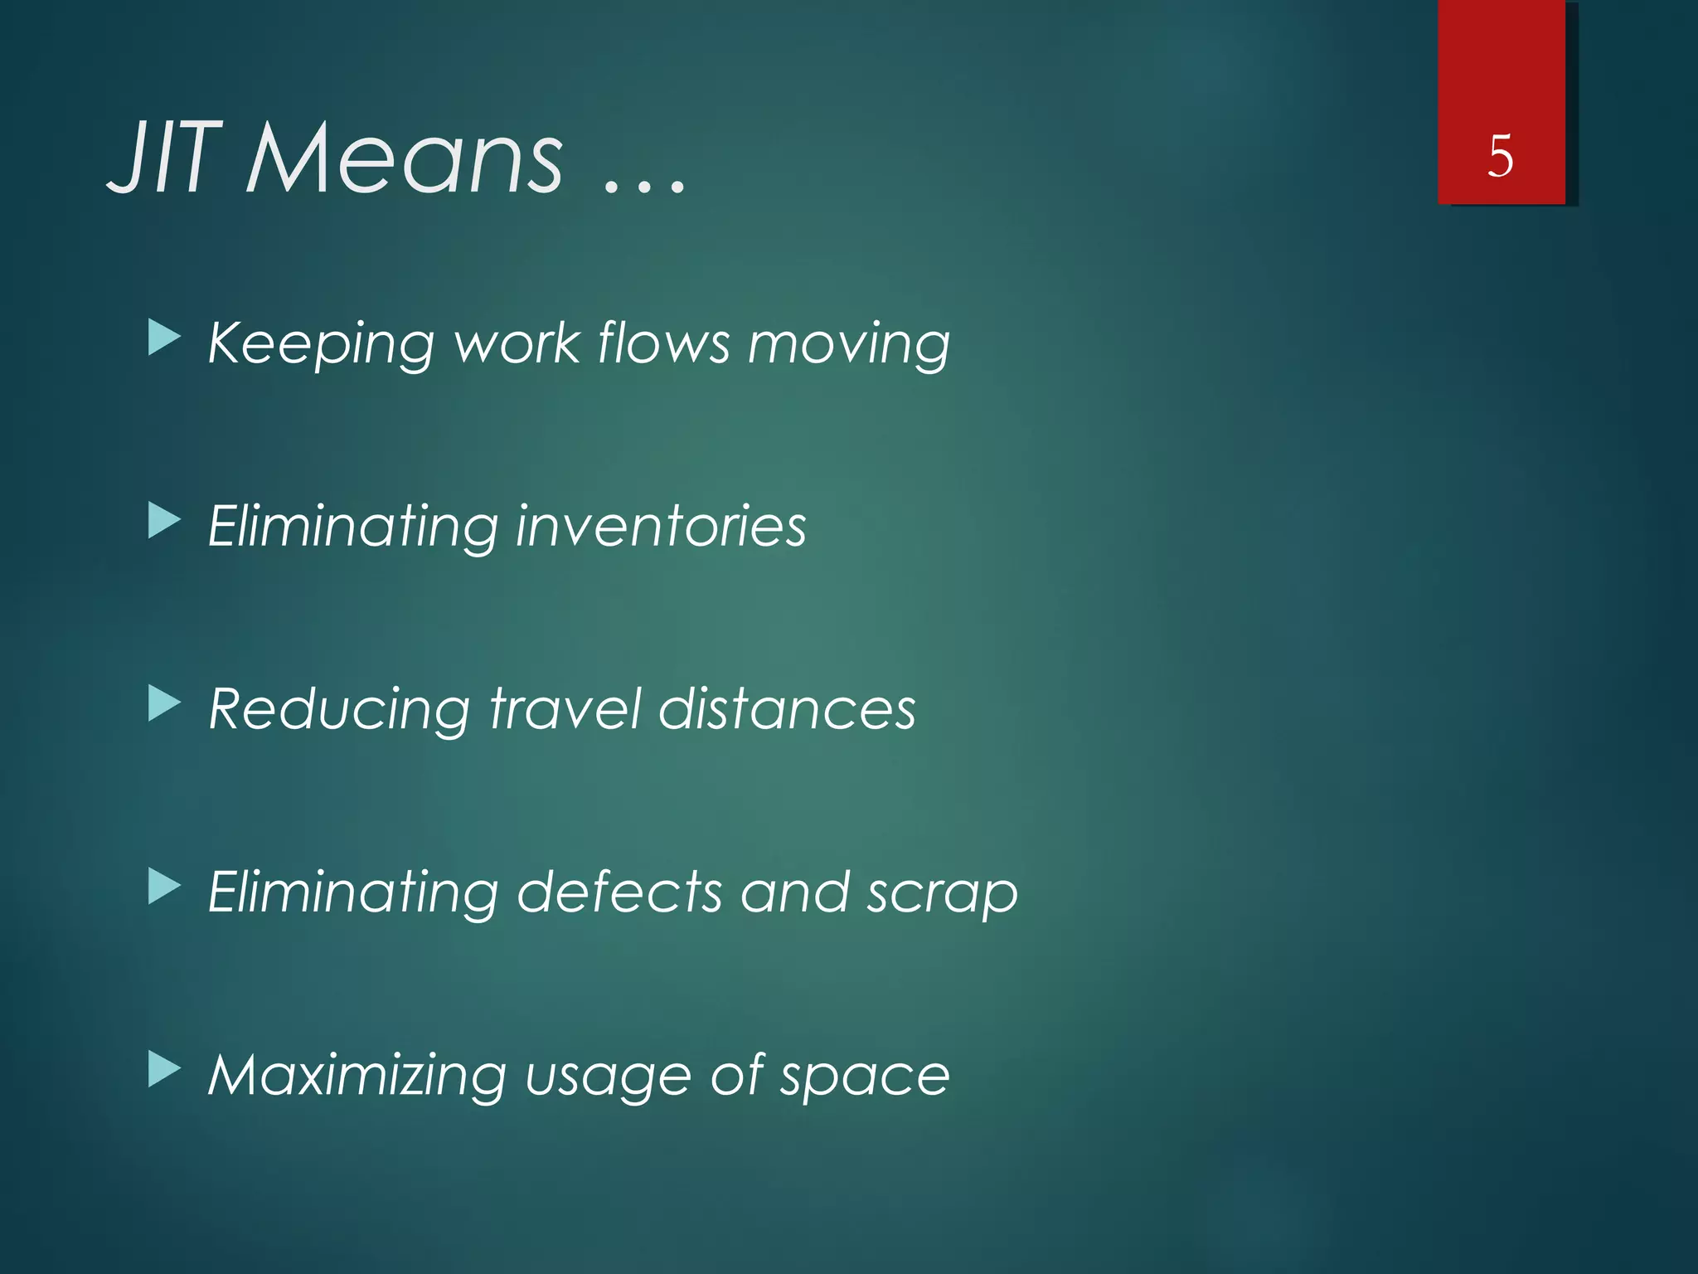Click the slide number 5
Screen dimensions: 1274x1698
(x=1500, y=156)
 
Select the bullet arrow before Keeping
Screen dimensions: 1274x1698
(x=164, y=339)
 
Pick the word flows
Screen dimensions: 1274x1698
(x=663, y=342)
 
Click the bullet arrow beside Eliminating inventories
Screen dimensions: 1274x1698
(x=164, y=523)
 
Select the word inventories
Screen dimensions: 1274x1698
(x=660, y=527)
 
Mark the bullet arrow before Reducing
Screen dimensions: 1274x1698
(x=164, y=705)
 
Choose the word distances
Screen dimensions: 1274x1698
(x=787, y=709)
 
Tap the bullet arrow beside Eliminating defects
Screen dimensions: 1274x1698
(x=164, y=887)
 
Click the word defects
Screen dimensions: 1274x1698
(x=619, y=892)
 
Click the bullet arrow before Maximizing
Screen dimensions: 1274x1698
(x=164, y=1070)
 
